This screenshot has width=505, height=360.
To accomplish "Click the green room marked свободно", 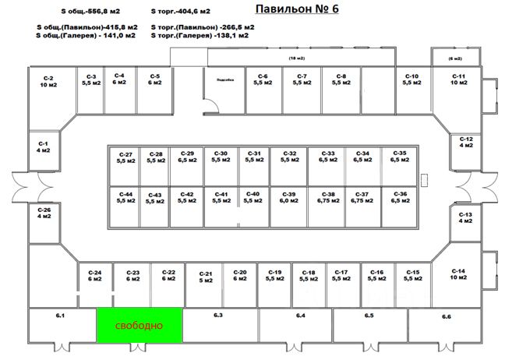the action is [x=139, y=324].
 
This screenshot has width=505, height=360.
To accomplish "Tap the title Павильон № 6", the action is [x=297, y=9].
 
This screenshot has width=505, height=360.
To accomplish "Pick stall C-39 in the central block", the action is [x=289, y=197].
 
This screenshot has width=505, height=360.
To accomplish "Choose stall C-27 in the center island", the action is [x=125, y=158].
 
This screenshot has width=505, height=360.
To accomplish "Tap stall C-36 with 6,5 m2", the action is [x=399, y=197].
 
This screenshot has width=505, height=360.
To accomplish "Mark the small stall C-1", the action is [x=44, y=147].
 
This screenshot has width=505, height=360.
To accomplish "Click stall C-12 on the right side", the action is [x=465, y=142].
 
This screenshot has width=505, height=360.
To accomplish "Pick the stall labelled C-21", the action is [x=206, y=277].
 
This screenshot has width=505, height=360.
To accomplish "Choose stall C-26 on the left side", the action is [x=44, y=214].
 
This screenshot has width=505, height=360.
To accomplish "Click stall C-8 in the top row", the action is [x=341, y=79].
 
